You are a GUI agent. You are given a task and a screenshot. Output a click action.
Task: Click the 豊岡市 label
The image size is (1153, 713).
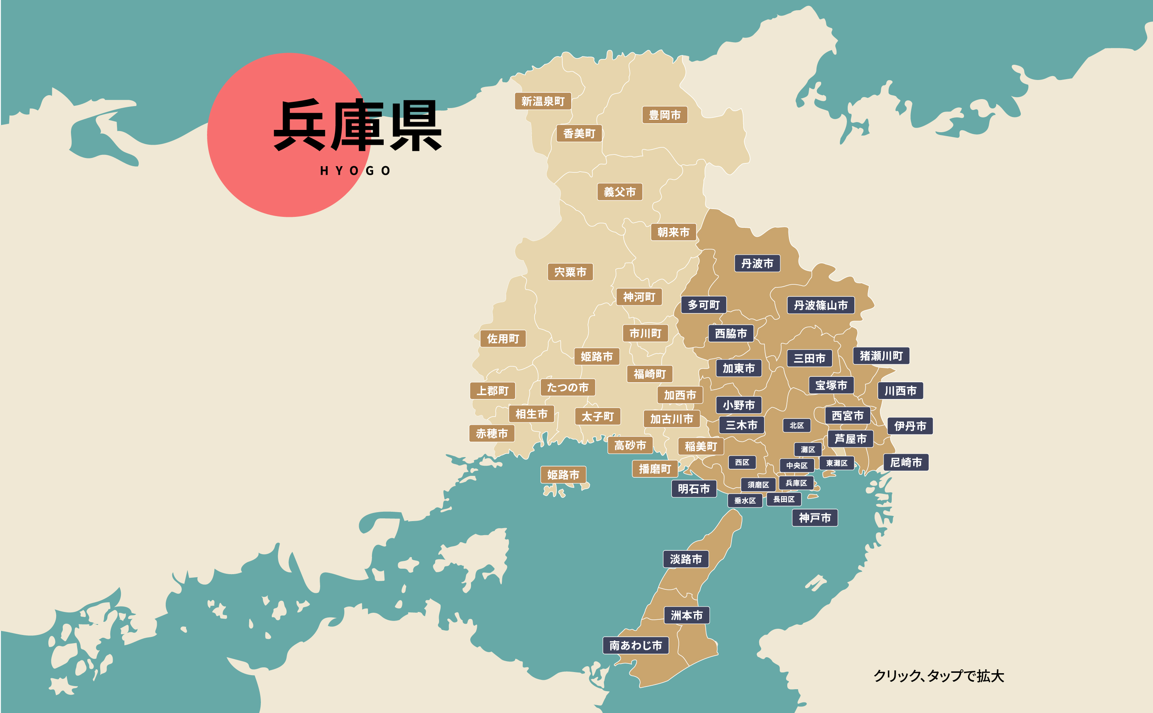click(x=665, y=115)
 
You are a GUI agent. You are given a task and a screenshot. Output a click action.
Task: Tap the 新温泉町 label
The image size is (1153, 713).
click(x=542, y=101)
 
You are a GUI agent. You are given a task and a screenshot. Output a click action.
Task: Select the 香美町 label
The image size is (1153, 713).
click(x=579, y=133)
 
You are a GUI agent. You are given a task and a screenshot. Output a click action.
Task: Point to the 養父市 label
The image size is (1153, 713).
click(x=620, y=192)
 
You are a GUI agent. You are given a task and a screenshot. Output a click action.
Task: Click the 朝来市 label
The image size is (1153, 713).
click(x=673, y=232)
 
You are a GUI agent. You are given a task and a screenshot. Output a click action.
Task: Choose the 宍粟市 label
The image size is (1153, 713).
click(x=570, y=272)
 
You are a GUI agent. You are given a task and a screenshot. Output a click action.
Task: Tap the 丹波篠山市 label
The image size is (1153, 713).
click(x=820, y=305)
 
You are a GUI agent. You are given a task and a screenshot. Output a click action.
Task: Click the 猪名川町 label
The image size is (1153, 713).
click(x=880, y=356)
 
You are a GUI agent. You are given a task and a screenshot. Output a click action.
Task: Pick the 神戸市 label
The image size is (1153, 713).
click(x=815, y=518)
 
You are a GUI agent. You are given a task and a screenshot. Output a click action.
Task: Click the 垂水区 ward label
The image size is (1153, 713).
click(x=745, y=500)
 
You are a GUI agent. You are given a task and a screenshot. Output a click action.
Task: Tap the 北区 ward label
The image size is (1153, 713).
click(x=797, y=426)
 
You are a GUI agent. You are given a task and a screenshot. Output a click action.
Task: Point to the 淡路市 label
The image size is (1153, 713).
click(x=686, y=559)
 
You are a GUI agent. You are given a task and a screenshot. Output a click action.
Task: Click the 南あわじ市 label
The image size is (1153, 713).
click(x=636, y=645)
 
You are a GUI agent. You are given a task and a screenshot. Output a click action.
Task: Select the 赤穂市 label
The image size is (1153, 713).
click(x=492, y=433)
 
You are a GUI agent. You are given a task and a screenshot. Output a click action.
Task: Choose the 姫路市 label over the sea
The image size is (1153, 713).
click(x=563, y=475)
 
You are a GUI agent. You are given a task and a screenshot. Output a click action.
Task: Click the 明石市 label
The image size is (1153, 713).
click(x=694, y=489)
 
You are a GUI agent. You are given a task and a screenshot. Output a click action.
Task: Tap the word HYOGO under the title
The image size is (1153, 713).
click(x=355, y=171)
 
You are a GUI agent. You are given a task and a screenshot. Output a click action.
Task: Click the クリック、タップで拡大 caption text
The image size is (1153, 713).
click(x=939, y=676)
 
